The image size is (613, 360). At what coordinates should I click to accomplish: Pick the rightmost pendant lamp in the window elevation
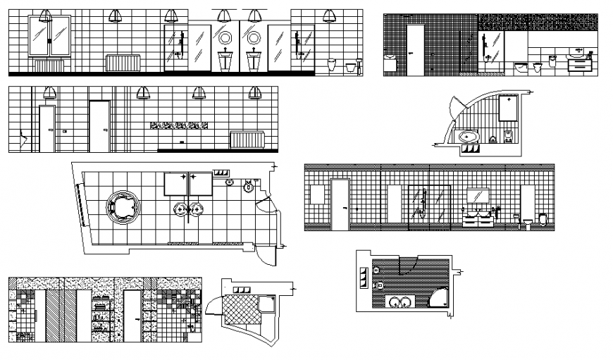coord(329,16)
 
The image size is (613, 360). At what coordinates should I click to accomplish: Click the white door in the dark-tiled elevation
coord(416,49)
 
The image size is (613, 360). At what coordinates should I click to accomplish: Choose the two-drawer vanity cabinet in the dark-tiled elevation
coord(581,64)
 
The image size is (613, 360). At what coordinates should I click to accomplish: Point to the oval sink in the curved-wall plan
coord(467,137)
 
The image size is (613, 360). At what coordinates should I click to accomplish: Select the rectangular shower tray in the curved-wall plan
coord(508,108)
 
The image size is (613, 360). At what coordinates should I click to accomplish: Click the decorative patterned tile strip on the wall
coord(179,125)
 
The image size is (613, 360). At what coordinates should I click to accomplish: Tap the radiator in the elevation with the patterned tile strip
coord(246,139)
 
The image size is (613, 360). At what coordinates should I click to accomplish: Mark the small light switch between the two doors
coord(65,130)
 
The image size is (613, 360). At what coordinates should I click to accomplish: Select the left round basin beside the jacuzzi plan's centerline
coord(180,209)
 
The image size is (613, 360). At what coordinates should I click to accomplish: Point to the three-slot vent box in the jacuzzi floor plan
coord(221,173)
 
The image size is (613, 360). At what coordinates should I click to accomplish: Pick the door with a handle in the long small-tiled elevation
coord(341,204)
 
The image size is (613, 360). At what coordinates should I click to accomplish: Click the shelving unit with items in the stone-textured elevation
coord(101,316)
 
